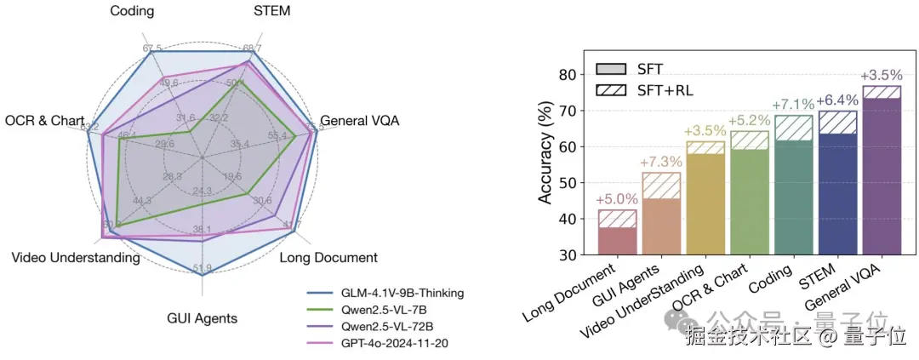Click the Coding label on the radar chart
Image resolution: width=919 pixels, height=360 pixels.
click(132, 10)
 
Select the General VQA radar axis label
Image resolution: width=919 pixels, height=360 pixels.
click(359, 121)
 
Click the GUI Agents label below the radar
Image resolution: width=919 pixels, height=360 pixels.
click(202, 318)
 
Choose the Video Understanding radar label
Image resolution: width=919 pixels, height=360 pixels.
click(76, 257)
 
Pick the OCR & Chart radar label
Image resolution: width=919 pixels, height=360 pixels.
click(44, 121)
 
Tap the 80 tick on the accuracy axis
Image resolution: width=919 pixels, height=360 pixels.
click(566, 75)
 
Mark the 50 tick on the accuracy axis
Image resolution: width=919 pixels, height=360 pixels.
click(566, 183)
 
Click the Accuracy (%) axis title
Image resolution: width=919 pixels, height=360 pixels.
click(545, 157)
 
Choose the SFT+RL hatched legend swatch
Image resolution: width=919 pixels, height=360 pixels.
click(611, 89)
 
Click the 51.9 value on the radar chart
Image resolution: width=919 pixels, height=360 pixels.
click(202, 270)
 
